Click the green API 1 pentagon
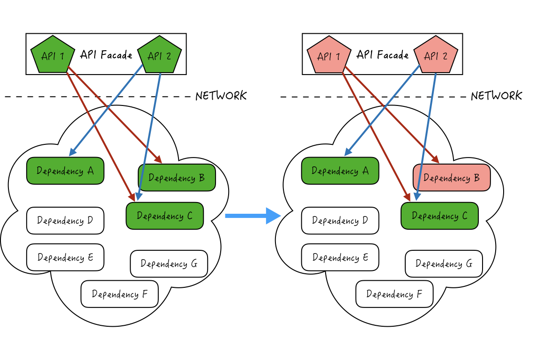[x=52, y=56]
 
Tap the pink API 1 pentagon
[x=328, y=56]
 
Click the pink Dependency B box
[x=452, y=178]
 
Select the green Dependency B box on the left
[x=177, y=178]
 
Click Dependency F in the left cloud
[x=119, y=294]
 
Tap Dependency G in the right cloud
[x=444, y=264]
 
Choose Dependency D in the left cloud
[x=65, y=221]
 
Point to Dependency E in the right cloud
[x=340, y=257]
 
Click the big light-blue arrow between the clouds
[x=252, y=216]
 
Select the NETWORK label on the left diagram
[x=221, y=96]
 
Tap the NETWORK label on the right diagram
[x=496, y=96]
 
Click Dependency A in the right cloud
[x=340, y=171]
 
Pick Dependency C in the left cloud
[x=165, y=216]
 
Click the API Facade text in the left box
[x=106, y=55]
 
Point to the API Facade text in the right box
[x=382, y=55]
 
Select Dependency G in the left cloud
[x=169, y=264]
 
